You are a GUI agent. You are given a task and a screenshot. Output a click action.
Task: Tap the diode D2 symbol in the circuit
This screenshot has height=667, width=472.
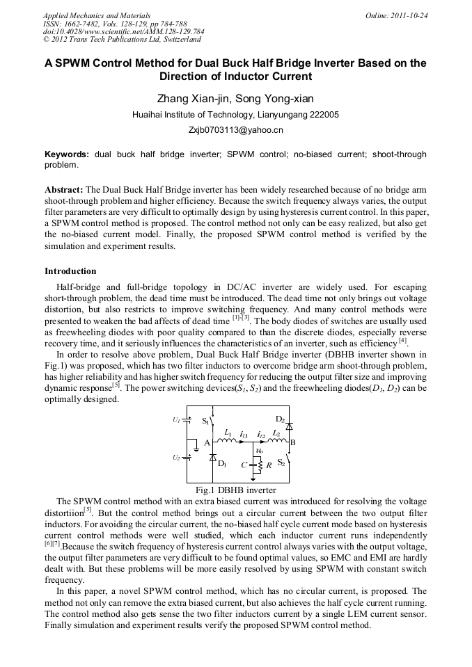coord(290,425)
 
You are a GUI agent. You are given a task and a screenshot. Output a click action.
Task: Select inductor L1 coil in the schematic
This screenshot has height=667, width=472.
coord(227,441)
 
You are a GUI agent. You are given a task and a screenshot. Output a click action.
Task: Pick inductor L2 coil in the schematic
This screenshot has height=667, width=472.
coord(276,441)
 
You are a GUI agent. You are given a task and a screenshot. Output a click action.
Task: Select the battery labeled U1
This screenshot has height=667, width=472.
coord(187,421)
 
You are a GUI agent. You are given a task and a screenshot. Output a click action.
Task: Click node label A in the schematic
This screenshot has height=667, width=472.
coord(207,443)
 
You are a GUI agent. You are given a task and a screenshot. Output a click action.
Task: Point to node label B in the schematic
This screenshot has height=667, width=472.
coord(293,442)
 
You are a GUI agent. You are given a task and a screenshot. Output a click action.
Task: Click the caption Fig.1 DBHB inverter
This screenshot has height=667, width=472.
coord(237,490)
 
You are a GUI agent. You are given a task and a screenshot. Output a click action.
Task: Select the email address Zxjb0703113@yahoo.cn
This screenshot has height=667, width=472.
coord(235,130)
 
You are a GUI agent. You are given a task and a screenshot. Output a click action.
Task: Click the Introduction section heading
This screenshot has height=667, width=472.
coord(70,271)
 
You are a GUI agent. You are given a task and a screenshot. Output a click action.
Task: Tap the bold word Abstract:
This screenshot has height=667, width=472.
coord(64,190)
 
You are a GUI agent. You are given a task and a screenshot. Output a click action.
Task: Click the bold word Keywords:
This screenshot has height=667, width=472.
coord(68,154)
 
